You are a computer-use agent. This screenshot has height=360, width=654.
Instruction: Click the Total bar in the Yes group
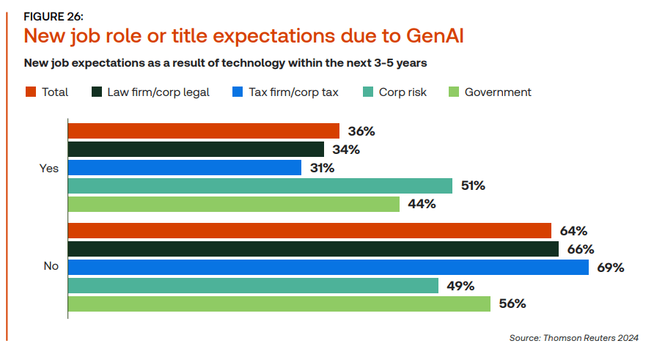point(204,131)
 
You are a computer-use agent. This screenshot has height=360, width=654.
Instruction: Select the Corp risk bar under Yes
point(260,186)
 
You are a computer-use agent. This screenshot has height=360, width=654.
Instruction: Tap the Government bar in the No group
point(279,304)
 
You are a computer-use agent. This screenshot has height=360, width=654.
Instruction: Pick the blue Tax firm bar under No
point(328,268)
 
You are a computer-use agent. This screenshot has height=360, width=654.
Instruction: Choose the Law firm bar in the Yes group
point(196,150)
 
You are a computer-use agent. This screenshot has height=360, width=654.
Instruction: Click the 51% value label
point(473,186)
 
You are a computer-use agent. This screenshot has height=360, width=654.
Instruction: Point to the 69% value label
point(610,268)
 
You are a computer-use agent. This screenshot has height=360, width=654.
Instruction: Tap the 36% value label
point(360,131)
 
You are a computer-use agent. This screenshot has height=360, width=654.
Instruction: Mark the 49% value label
point(459,286)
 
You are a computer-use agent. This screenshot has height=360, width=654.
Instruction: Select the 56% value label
point(511,304)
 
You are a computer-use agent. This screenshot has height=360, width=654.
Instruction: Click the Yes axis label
point(48,168)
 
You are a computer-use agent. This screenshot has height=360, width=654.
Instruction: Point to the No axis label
point(51,267)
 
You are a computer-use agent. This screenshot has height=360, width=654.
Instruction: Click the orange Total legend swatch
point(31,92)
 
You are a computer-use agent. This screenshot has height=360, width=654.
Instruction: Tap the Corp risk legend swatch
point(368,92)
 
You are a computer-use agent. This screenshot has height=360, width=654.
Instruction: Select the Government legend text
point(498,92)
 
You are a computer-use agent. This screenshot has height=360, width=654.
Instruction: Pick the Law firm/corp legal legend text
point(158,92)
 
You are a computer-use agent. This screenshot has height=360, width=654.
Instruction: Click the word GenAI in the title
point(432,35)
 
